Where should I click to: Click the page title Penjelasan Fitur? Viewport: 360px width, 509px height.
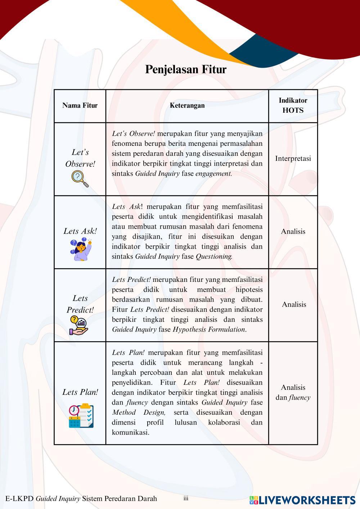pyautogui.click(x=185, y=69)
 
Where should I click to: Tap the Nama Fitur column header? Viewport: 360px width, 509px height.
pyautogui.click(x=80, y=105)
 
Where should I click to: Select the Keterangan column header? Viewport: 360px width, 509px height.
pyautogui.click(x=187, y=105)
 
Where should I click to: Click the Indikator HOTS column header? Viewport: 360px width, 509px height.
pyautogui.click(x=293, y=105)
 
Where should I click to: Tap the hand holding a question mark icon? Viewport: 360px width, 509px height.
pyautogui.click(x=78, y=325)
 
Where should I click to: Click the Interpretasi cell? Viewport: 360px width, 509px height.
pyautogui.click(x=293, y=159)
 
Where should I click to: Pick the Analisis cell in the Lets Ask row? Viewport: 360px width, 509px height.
pyautogui.click(x=293, y=231)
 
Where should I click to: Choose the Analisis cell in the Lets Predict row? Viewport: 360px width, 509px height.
pyautogui.click(x=294, y=305)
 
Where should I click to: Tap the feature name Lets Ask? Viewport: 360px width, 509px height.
pyautogui.click(x=80, y=231)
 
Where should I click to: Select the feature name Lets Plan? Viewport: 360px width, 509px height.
pyautogui.click(x=80, y=392)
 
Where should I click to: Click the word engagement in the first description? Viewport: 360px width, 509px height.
pyautogui.click(x=213, y=174)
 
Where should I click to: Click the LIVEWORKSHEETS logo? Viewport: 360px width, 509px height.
pyautogui.click(x=302, y=500)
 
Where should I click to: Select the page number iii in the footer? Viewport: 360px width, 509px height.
pyautogui.click(x=186, y=499)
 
